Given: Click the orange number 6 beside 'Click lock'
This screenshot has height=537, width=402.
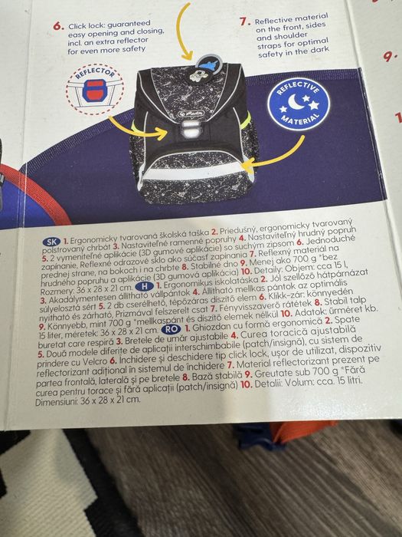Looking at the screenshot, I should click(x=57, y=25).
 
